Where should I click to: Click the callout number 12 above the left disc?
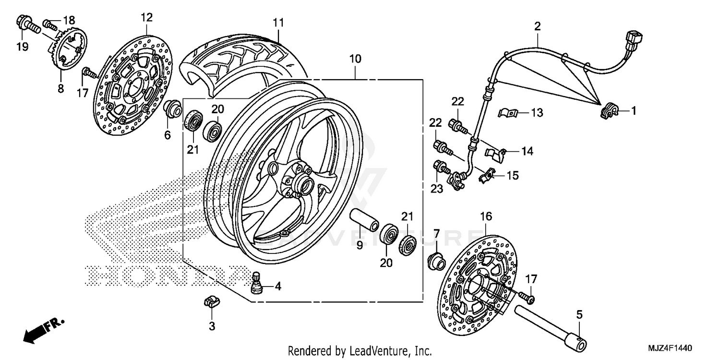(x=146, y=18)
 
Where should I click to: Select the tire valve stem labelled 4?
(x=257, y=283)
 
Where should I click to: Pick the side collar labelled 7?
(x=435, y=259)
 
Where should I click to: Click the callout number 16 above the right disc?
(x=486, y=217)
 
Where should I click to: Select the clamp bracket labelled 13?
(x=506, y=113)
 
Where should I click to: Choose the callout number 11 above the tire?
(x=279, y=23)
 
